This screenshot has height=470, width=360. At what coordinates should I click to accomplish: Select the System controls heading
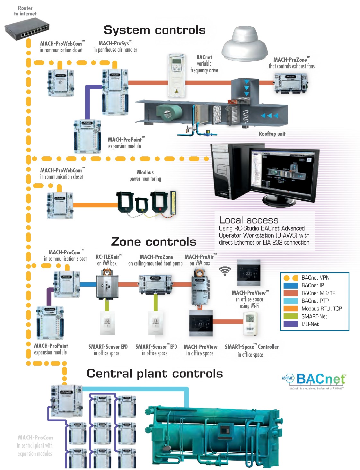click(154, 30)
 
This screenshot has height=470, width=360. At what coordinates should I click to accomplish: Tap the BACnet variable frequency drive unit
click(177, 75)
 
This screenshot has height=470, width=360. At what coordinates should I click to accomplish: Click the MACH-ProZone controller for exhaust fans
click(291, 83)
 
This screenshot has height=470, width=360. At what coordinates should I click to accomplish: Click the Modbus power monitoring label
click(145, 176)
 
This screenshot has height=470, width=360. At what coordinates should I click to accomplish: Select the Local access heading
click(249, 220)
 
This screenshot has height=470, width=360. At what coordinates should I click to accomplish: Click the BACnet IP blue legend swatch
click(291, 285)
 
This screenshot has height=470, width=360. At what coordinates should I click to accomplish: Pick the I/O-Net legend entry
click(310, 324)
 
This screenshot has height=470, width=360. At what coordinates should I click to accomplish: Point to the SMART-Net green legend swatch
click(291, 316)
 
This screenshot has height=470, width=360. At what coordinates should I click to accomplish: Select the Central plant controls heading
click(154, 374)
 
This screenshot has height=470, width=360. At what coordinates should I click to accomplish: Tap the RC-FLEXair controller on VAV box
click(108, 284)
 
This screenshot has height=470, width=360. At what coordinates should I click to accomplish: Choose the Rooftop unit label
click(272, 134)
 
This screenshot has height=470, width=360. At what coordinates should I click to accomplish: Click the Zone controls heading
click(154, 242)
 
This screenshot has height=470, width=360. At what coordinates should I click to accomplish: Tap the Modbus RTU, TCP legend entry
click(321, 309)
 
